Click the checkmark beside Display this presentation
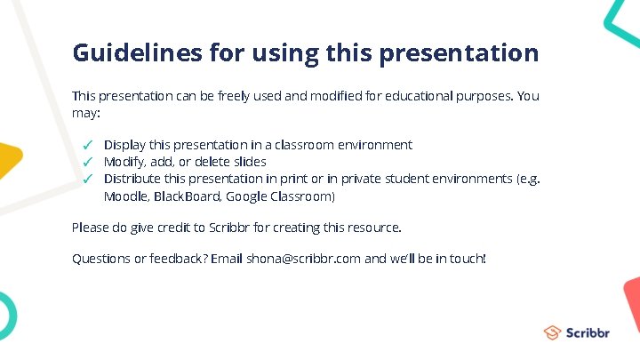(x=88, y=145)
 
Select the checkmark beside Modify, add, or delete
(x=88, y=162)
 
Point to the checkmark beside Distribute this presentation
(x=88, y=179)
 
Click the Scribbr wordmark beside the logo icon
(x=588, y=332)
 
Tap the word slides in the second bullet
(x=249, y=162)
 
